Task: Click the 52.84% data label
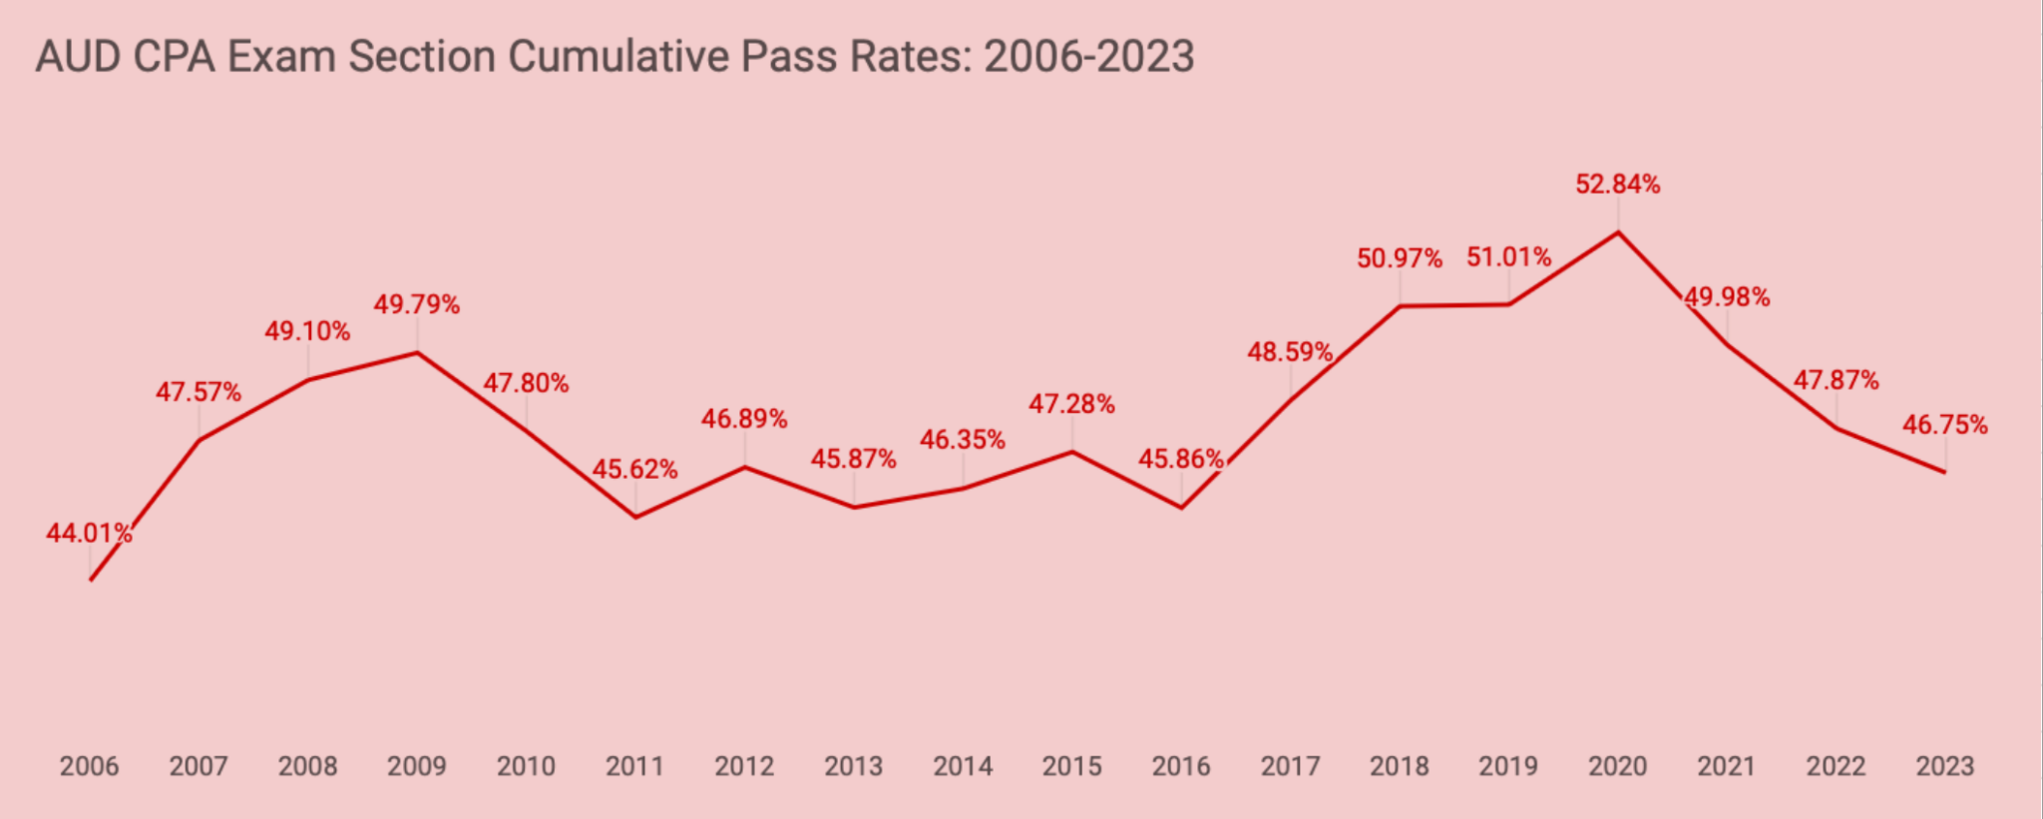pos(1617,185)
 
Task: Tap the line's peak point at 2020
pos(1617,232)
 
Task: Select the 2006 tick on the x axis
pos(89,766)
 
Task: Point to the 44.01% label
pos(89,534)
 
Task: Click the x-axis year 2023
pos(1944,766)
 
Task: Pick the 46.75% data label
pos(1944,425)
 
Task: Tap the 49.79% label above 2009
pos(416,305)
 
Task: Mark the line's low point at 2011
pos(635,517)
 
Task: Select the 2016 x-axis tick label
pos(1181,766)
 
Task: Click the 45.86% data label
pos(1181,459)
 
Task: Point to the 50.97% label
pos(1399,259)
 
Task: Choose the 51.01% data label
pos(1508,257)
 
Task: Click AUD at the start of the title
pos(78,57)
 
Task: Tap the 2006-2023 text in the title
pos(1088,57)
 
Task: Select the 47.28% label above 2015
pos(1071,404)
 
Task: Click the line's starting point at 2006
pos(91,580)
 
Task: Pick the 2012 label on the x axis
pos(744,766)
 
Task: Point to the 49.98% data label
pos(1727,297)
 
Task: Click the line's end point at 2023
pos(1944,472)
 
